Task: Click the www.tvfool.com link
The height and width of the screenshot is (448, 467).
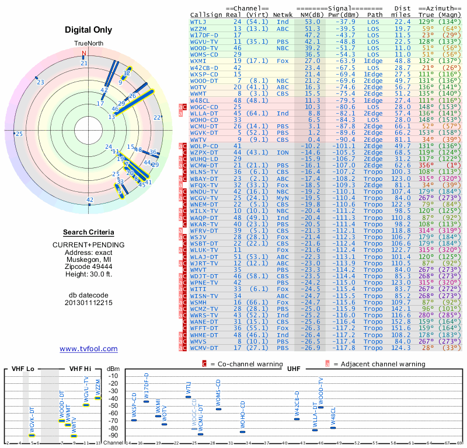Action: pyautogui.click(x=88, y=349)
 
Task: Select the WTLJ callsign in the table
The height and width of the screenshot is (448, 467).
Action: pyautogui.click(x=198, y=22)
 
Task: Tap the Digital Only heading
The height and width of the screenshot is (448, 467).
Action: pyautogui.click(x=88, y=30)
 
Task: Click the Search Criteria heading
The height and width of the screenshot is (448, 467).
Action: pyautogui.click(x=88, y=232)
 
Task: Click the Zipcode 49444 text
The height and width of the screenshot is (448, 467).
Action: pyautogui.click(x=88, y=264)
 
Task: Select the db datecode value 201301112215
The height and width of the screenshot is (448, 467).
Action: pyautogui.click(x=88, y=303)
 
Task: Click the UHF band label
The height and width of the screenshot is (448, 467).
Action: pyautogui.click(x=294, y=369)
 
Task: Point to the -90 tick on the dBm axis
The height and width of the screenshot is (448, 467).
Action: pyautogui.click(x=113, y=435)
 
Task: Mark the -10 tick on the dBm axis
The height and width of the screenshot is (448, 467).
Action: pyautogui.click(x=113, y=376)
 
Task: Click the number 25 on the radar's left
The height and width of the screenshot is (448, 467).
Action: pyautogui.click(x=19, y=134)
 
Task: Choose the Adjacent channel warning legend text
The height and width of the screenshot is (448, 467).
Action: pyautogui.click(x=379, y=363)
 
